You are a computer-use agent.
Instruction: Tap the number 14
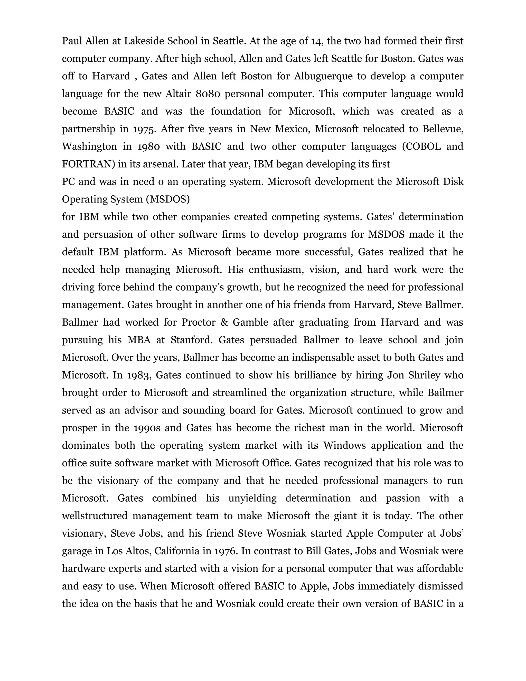click(317, 41)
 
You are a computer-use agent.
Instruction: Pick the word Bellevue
click(443, 129)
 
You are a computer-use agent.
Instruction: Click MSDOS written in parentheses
click(167, 199)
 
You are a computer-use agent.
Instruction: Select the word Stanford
click(191, 339)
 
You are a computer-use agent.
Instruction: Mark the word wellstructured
click(95, 516)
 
